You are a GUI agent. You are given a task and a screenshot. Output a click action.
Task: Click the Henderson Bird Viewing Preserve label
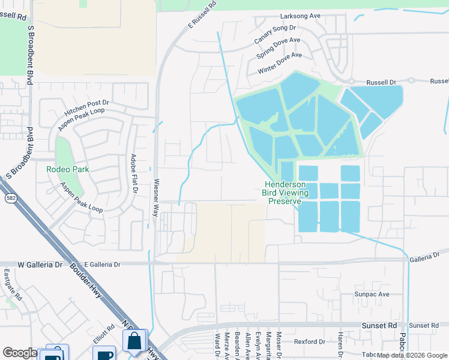[285, 193]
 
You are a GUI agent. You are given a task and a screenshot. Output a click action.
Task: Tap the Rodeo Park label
[68, 169]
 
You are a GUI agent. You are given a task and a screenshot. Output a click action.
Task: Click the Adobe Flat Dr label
[134, 174]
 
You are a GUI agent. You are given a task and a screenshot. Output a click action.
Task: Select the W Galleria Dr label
[40, 264]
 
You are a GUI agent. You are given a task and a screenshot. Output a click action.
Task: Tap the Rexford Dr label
[309, 341]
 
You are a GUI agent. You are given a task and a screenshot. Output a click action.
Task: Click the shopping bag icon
[135, 340]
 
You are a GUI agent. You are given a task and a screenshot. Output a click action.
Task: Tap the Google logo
[20, 353]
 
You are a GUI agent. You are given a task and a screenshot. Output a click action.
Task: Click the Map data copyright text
[412, 355]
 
